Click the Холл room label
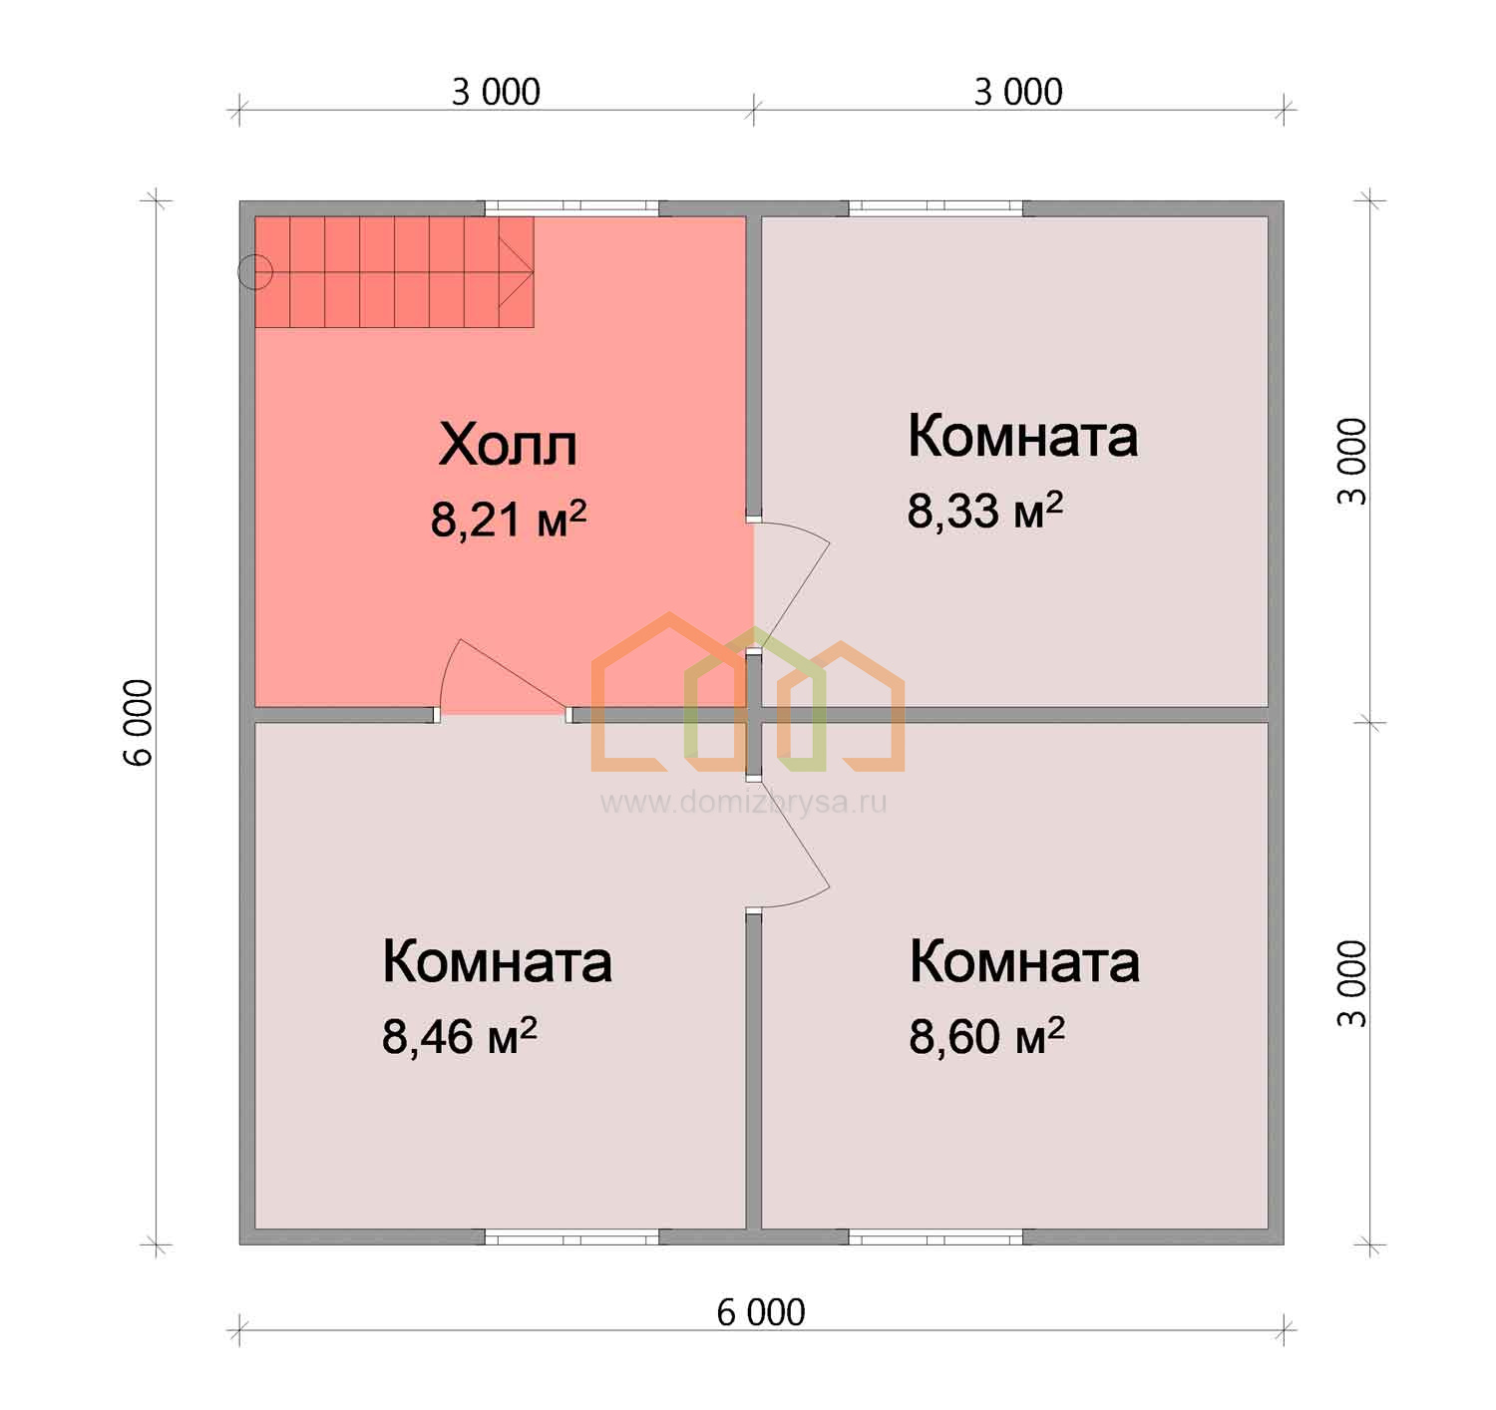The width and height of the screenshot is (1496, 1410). pyautogui.click(x=508, y=445)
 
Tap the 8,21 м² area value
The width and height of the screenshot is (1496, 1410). pyautogui.click(x=509, y=519)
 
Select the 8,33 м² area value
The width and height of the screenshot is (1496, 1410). pyautogui.click(x=985, y=510)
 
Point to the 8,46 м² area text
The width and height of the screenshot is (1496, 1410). pyautogui.click(x=460, y=1036)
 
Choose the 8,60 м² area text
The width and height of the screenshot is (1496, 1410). pyautogui.click(x=986, y=1036)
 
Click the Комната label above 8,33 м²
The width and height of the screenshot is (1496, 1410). pyautogui.click(x=1023, y=436)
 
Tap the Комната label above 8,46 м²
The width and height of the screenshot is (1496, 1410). pyautogui.click(x=497, y=961)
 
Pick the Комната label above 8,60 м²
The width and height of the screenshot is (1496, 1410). pyautogui.click(x=1024, y=961)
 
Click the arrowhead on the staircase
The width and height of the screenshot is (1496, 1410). pyautogui.click(x=517, y=272)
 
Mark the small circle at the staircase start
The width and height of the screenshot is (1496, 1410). pyautogui.click(x=255, y=272)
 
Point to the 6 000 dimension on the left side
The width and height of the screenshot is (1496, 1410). pyautogui.click(x=138, y=723)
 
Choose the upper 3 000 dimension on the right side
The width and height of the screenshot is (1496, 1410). pyautogui.click(x=1351, y=462)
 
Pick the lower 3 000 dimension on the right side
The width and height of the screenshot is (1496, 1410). pyautogui.click(x=1351, y=983)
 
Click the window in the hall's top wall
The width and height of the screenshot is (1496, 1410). pyautogui.click(x=571, y=208)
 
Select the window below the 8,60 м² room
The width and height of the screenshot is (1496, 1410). pyautogui.click(x=935, y=1236)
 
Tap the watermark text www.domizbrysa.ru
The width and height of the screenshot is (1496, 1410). pyautogui.click(x=744, y=802)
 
